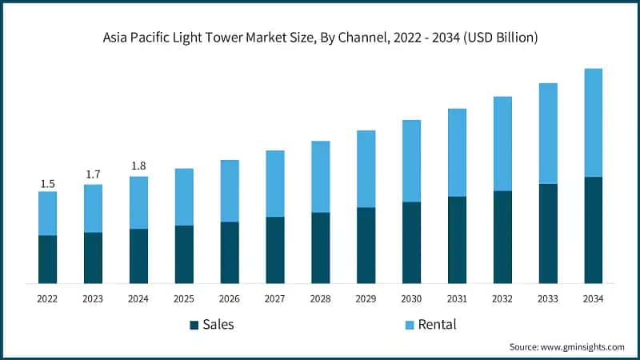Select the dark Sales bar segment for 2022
48,259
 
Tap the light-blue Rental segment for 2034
594,122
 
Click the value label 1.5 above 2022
48,184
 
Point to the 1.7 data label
94,174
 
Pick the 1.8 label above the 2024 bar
138,166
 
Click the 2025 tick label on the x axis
184,298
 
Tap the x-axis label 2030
411,298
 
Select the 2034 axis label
594,298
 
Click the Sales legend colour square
194,325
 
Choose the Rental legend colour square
410,325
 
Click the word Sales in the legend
218,324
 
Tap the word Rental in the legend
437,324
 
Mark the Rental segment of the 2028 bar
321,177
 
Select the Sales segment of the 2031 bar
457,240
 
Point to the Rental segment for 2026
230,190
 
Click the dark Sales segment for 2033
548,234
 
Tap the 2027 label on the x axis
275,298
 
